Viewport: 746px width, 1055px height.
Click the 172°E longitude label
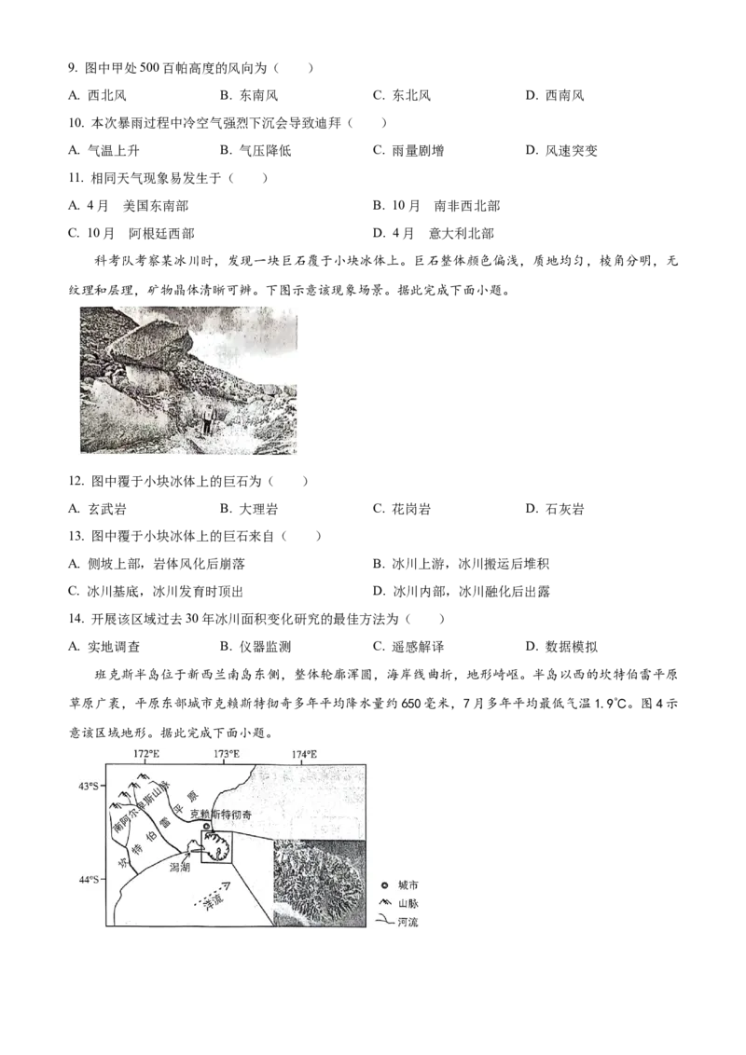[x=146, y=753]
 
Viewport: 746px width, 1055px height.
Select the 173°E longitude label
[x=226, y=753]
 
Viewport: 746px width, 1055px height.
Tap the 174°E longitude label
[x=304, y=753]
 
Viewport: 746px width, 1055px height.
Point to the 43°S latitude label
[x=89, y=787]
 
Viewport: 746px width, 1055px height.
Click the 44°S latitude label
[x=89, y=879]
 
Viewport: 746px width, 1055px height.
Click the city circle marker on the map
[x=207, y=827]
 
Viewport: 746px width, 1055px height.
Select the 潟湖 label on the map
[x=180, y=867]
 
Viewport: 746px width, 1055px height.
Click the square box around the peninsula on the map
[x=223, y=844]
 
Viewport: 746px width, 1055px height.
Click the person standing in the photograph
[x=208, y=418]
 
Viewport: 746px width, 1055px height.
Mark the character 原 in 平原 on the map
[x=192, y=796]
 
